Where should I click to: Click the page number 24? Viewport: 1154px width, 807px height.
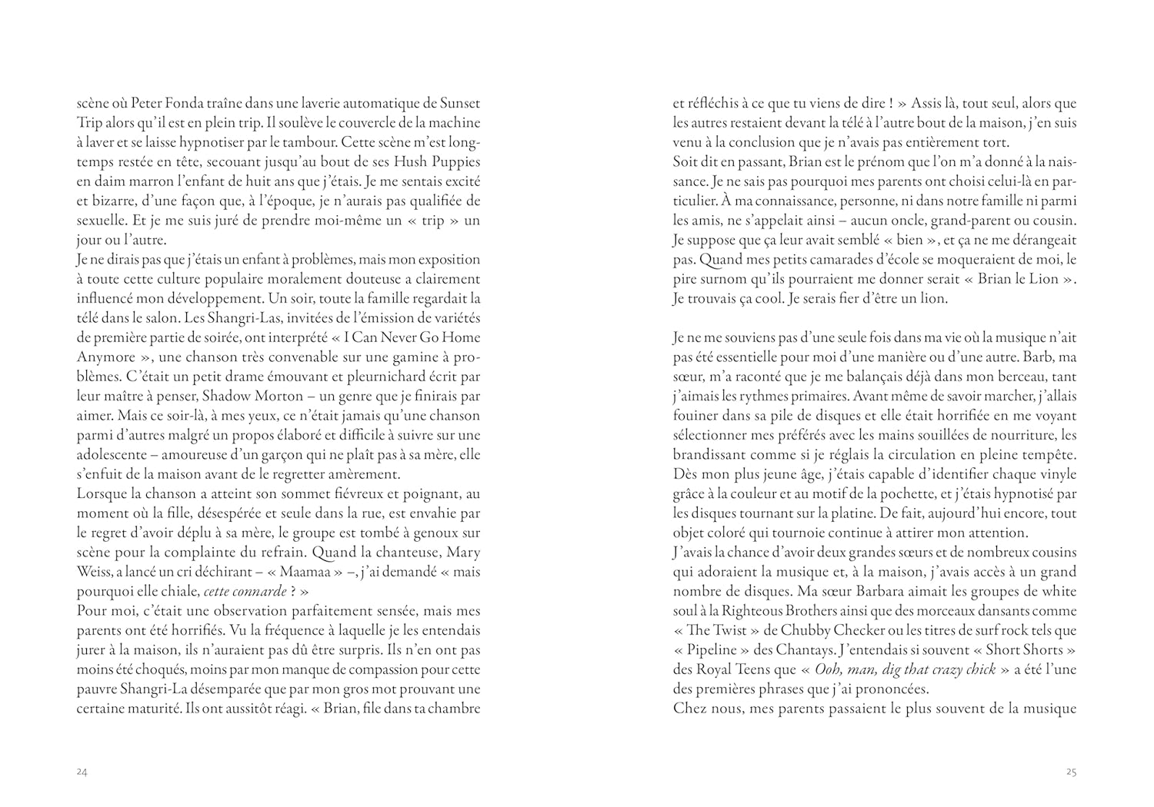pyautogui.click(x=82, y=772)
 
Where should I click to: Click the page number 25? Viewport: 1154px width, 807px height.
pyautogui.click(x=1071, y=772)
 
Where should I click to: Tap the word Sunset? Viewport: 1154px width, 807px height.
pyautogui.click(x=459, y=103)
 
